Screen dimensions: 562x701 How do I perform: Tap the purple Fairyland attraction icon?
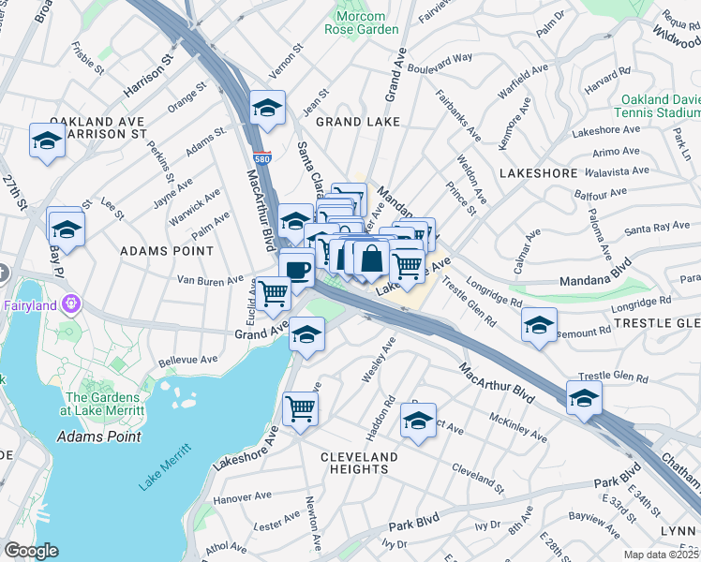(x=71, y=303)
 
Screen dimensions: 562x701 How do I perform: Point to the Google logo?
(x=31, y=551)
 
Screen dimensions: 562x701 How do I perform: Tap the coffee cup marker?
(x=297, y=270)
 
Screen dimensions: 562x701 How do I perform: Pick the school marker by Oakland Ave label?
(x=47, y=141)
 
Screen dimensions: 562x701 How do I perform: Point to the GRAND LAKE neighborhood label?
(x=357, y=122)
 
